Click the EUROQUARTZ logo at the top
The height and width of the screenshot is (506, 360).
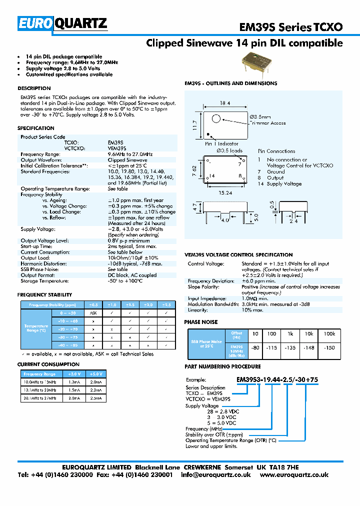(x=62, y=23)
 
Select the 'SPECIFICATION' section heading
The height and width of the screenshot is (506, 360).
(x=35, y=128)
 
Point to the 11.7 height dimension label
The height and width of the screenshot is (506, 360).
(x=195, y=124)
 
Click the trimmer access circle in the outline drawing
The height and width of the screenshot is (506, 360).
(x=215, y=118)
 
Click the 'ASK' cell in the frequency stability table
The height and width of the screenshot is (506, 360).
(x=93, y=312)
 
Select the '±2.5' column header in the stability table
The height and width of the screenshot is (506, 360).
(x=166, y=304)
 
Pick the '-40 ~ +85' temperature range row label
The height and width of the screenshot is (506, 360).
(x=67, y=345)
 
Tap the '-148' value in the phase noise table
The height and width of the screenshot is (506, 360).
(x=309, y=348)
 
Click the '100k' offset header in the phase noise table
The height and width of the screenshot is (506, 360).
(x=329, y=333)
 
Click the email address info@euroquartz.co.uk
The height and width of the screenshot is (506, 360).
(x=216, y=474)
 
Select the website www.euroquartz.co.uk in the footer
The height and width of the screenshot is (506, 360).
(x=294, y=474)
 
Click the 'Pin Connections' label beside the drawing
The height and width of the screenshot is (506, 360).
(x=276, y=151)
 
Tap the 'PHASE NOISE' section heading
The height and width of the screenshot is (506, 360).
(x=201, y=322)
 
